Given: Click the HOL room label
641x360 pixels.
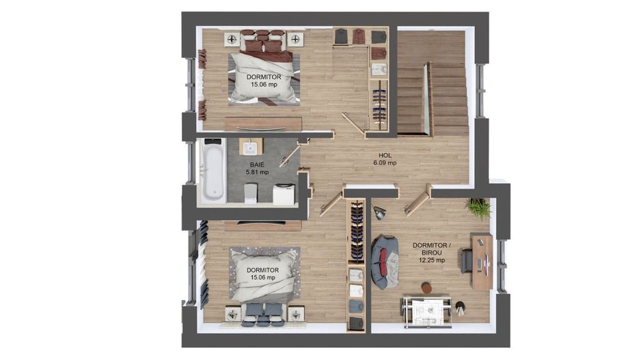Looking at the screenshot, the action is coord(385,156).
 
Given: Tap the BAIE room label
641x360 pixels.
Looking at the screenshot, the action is coord(257,165).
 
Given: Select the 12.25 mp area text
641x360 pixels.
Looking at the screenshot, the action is coord(432,260).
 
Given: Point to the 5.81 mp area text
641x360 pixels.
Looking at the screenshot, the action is coord(257,172).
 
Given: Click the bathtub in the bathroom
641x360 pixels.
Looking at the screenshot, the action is coord(213,170).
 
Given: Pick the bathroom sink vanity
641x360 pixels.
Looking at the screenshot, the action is coord(251,147).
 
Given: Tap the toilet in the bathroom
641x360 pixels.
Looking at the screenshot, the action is coord(251,193).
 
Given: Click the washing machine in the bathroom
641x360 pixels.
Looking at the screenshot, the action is coord(284,194).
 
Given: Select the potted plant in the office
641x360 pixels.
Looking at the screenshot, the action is coord(478,208).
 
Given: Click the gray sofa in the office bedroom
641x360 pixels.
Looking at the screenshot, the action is coord(385,262).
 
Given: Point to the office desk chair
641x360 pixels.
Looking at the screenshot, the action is coord(467,260).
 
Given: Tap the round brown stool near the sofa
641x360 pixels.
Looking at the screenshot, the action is coord(426,288).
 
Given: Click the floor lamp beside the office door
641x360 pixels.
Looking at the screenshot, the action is coord(379,212).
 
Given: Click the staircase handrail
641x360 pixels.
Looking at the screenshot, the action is coord(429,98).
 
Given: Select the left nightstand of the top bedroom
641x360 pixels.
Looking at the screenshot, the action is coord(232,39).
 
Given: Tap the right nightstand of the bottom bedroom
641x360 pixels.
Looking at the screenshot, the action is coord(296,314).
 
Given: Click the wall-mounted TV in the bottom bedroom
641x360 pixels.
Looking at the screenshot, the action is coord(262,223).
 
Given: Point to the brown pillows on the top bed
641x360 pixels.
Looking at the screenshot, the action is coord(262,40).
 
